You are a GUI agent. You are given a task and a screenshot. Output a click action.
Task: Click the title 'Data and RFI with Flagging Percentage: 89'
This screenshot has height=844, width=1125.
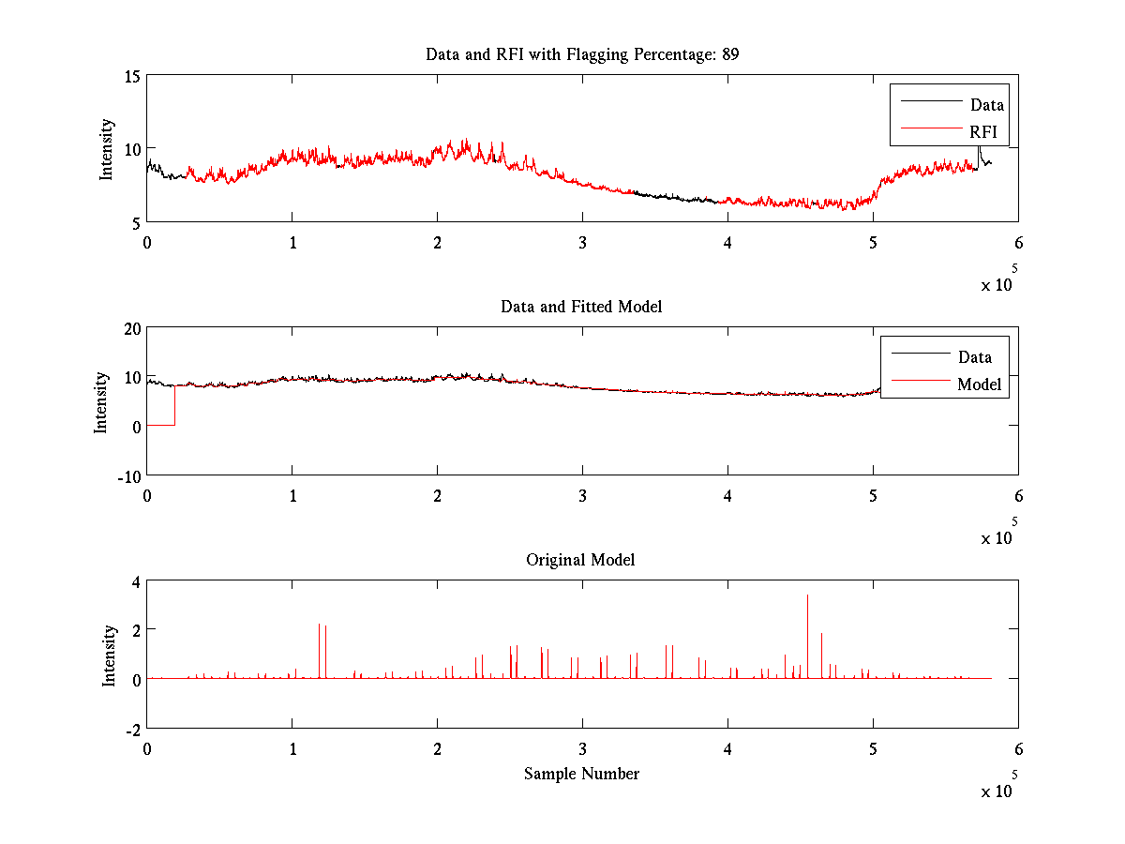(x=582, y=54)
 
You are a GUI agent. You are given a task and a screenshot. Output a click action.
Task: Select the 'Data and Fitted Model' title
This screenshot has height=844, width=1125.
(x=581, y=307)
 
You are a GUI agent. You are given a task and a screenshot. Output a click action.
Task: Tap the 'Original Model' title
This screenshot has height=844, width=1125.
(x=580, y=560)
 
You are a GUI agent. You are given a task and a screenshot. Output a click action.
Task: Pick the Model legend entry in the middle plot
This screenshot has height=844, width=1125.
(x=979, y=384)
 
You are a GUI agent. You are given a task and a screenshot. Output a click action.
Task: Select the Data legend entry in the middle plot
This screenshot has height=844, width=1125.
(x=974, y=356)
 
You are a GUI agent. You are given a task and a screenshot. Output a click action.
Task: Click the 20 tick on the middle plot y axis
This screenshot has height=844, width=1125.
(x=130, y=327)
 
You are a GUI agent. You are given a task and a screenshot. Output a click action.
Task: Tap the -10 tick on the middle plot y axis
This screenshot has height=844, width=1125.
(x=127, y=475)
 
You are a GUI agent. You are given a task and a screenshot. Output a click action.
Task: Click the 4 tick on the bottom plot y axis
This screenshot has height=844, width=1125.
(x=135, y=581)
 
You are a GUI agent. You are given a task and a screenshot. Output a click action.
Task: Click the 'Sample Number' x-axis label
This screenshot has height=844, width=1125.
(x=581, y=774)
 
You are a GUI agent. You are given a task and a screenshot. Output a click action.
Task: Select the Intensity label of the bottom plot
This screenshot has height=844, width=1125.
(x=110, y=655)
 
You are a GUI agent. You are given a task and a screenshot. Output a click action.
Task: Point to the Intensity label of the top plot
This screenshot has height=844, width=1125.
(x=107, y=148)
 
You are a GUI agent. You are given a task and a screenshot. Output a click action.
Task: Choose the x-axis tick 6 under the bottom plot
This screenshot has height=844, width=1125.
(x=1018, y=748)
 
